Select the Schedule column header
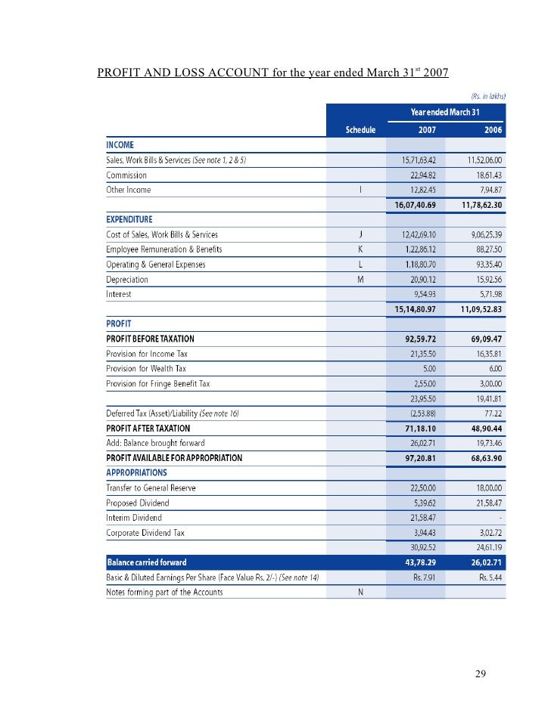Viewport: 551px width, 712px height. click(x=360, y=129)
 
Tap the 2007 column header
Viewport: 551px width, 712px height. click(x=426, y=129)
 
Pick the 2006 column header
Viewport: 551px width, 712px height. click(x=494, y=129)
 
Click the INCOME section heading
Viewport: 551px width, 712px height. click(x=120, y=144)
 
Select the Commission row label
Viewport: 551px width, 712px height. click(x=126, y=175)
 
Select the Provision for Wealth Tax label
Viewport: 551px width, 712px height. click(x=146, y=368)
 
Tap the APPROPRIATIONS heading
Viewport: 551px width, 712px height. click(x=136, y=472)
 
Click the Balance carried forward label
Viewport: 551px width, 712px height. click(x=147, y=562)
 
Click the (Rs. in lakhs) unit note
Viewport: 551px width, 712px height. click(x=487, y=96)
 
